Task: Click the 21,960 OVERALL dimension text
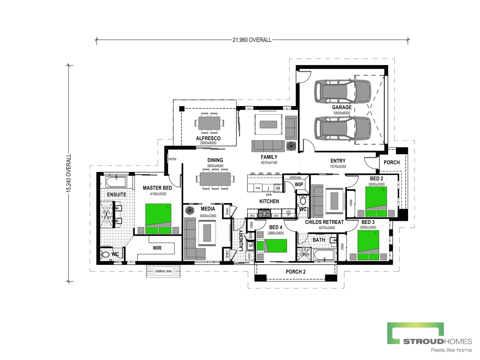click(252, 40)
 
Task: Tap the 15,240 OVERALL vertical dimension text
click(69, 173)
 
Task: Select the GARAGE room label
click(341, 107)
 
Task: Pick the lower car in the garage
click(343, 128)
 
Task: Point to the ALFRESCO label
click(208, 139)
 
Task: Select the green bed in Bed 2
click(376, 202)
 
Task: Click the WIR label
click(157, 248)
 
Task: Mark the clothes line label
click(163, 271)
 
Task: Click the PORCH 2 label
click(296, 272)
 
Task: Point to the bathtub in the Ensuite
click(116, 182)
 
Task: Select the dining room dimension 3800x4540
click(215, 166)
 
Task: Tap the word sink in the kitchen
click(268, 195)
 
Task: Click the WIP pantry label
click(299, 184)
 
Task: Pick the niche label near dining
click(172, 159)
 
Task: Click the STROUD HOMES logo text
click(437, 341)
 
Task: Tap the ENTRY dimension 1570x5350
click(338, 167)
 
